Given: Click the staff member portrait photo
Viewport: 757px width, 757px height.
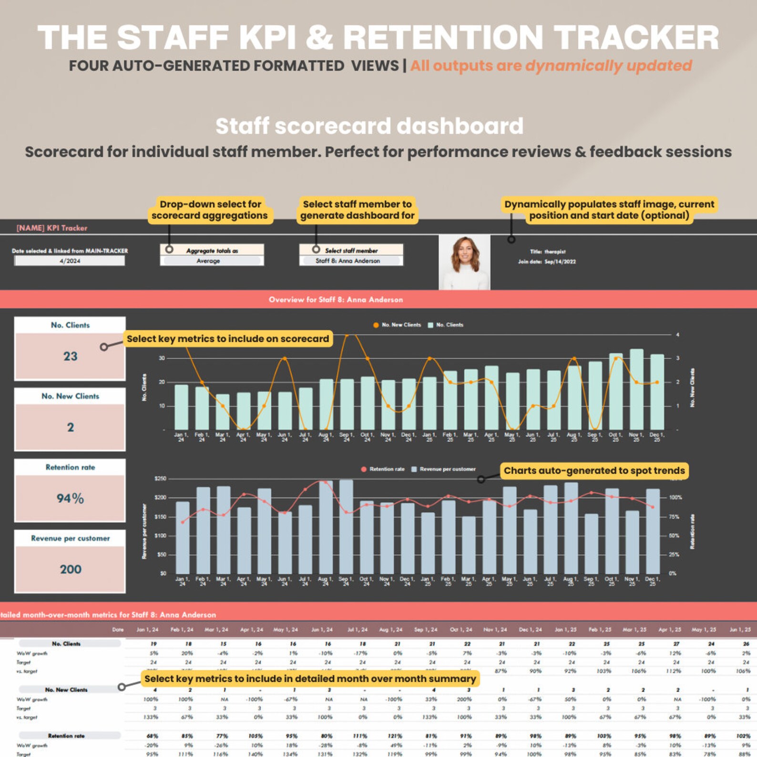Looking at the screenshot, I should [464, 262].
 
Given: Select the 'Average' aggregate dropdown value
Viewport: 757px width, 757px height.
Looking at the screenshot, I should [209, 261].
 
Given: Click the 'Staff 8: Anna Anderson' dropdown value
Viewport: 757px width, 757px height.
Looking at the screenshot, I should [348, 261].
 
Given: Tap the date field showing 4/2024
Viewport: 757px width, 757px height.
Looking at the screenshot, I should [70, 261].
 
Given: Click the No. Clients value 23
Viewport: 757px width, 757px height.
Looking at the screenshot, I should [70, 356].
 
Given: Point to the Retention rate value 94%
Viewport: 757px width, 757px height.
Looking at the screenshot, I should [70, 498].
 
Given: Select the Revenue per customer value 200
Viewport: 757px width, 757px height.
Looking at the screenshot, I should [70, 569].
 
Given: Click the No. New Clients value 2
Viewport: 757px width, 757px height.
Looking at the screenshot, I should [70, 427].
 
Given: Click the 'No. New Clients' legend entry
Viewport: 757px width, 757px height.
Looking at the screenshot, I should [400, 325].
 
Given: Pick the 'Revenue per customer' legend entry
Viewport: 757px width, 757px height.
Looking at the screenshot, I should [447, 469].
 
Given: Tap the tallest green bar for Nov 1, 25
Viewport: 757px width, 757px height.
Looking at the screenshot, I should [636, 389].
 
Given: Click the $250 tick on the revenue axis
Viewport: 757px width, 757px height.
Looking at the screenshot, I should [160, 479].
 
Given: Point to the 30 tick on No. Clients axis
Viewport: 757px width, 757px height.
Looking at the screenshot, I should [162, 358].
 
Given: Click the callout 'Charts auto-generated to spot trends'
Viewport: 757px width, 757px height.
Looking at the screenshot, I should [593, 471].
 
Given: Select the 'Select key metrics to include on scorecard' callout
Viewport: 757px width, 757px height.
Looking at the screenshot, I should [227, 339].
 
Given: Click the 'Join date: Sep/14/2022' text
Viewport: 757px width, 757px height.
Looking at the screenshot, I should [547, 262].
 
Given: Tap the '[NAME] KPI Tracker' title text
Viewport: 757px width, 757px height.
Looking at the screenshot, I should [52, 228].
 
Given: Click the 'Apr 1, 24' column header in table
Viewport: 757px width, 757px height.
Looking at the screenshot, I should [251, 630].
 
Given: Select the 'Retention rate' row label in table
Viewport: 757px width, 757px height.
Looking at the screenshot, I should [66, 736].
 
